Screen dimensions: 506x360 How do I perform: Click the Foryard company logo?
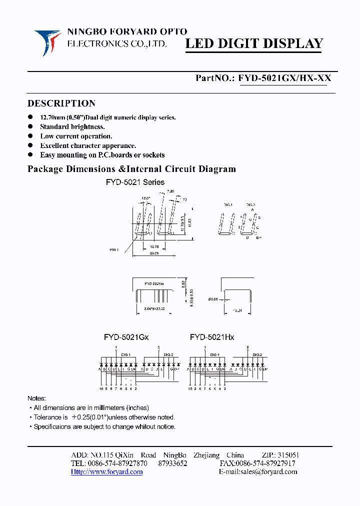click(x=47, y=41)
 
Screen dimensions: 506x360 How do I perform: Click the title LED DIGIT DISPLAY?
click(x=254, y=43)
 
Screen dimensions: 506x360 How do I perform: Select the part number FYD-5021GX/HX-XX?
click(x=284, y=78)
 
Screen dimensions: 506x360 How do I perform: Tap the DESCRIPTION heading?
click(x=61, y=103)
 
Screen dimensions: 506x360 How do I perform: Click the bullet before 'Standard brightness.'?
click(x=30, y=127)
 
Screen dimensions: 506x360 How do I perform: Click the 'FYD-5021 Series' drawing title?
click(x=135, y=182)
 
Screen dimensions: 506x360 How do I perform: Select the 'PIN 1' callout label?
click(x=114, y=249)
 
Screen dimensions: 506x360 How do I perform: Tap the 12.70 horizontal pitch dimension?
click(x=154, y=246)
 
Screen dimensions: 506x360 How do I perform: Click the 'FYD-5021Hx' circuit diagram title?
click(x=212, y=337)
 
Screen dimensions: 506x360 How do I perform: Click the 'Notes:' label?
click(x=36, y=398)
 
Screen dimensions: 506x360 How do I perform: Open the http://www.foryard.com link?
click(x=106, y=471)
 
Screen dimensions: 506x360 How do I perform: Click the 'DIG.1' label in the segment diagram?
click(x=228, y=205)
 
